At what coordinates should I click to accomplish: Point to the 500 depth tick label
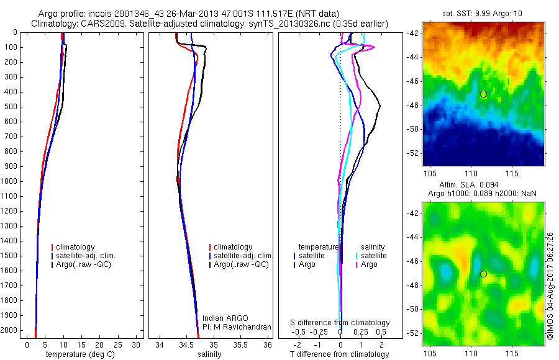tap(10, 107)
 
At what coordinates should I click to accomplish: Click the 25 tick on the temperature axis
tap(115, 344)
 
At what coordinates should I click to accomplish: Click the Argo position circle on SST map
tap(483, 94)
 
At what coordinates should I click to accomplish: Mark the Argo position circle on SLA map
tap(483, 274)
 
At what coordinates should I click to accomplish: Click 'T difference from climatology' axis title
tap(339, 354)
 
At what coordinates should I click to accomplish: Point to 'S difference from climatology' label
tap(340, 323)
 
